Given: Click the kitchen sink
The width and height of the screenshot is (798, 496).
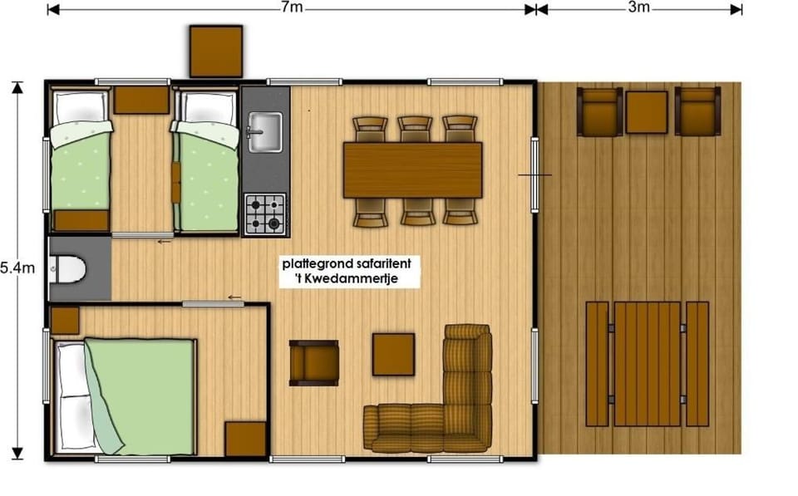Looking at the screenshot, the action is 264,132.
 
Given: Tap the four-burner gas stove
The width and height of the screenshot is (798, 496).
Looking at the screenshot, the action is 264,214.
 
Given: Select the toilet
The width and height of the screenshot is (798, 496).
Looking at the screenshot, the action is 67,269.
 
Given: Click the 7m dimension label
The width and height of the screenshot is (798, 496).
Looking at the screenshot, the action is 292,7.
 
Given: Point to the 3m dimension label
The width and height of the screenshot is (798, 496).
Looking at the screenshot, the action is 638,7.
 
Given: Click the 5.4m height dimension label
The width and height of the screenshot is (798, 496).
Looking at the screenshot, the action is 17,268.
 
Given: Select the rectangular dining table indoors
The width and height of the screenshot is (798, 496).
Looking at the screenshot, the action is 413,170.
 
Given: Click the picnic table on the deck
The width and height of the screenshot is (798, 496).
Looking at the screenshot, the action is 647,364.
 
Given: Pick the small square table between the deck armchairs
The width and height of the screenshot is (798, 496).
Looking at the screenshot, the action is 647,112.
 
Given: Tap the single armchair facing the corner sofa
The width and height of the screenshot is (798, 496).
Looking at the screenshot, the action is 314,363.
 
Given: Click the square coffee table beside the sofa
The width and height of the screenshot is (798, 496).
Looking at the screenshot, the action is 393,355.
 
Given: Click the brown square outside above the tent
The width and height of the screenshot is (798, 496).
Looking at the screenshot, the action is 216,52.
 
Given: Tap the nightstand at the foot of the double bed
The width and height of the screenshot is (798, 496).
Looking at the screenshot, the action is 246,439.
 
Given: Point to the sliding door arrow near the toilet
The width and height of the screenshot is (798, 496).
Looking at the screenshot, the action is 164,242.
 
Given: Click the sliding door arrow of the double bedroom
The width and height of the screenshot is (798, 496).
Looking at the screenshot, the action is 234,297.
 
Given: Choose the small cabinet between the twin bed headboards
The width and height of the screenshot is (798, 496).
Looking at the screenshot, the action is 141,100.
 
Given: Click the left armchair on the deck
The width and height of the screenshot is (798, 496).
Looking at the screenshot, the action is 599,112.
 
